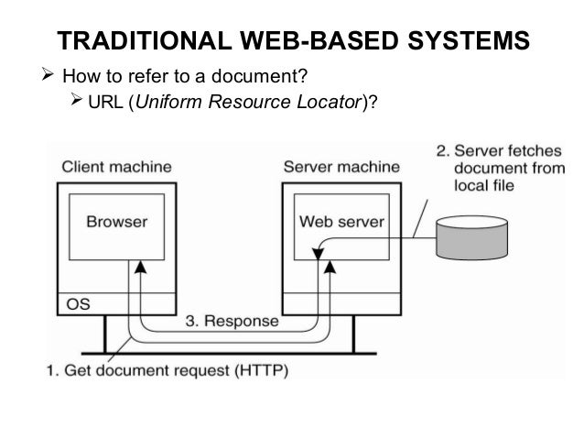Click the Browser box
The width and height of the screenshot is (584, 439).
pyautogui.click(x=116, y=222)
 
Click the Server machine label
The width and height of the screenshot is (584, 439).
pyautogui.click(x=340, y=168)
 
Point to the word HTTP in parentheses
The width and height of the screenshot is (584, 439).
pyautogui.click(x=264, y=371)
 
